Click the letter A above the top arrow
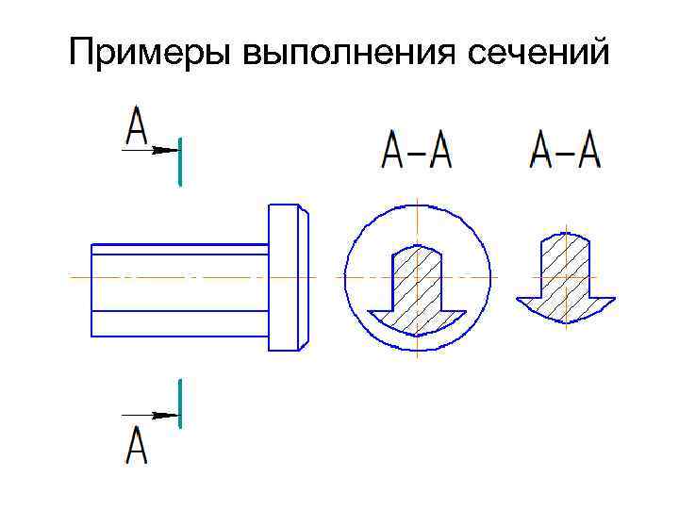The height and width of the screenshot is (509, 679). click(x=138, y=127)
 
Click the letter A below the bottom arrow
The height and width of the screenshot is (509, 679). click(x=138, y=445)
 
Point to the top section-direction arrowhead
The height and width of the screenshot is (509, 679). click(x=167, y=149)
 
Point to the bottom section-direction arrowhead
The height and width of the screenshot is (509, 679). click(x=167, y=415)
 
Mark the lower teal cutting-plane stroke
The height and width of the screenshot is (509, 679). click(x=179, y=402)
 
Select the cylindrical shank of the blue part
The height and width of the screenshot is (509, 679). click(x=179, y=289)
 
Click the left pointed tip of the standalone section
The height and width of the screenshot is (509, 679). click(x=518, y=301)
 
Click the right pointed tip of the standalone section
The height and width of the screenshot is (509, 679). click(x=613, y=301)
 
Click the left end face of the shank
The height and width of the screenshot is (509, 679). click(x=91, y=289)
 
